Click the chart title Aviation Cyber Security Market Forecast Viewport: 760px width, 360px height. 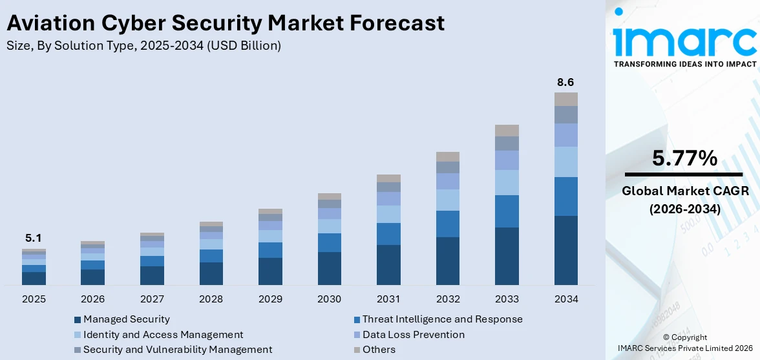click(226, 23)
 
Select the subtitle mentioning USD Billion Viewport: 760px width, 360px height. click(143, 46)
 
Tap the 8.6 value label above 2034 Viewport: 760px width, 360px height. click(565, 82)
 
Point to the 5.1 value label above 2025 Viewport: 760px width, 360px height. click(33, 238)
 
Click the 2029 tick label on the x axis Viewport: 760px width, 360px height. click(270, 299)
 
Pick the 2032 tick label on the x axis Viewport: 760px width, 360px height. click(447, 299)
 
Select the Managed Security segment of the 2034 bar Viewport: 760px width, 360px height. click(565, 250)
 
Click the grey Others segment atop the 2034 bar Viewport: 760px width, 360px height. click(565, 99)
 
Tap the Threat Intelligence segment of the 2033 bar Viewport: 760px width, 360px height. click(507, 211)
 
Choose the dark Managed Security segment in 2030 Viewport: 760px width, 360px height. click(330, 268)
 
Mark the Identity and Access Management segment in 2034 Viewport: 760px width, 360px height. click(565, 162)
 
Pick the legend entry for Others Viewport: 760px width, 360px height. click(379, 350)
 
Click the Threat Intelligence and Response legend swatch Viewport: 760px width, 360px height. click(357, 320)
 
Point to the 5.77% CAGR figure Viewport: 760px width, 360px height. click(684, 158)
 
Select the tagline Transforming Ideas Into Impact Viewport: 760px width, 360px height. click(684, 64)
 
